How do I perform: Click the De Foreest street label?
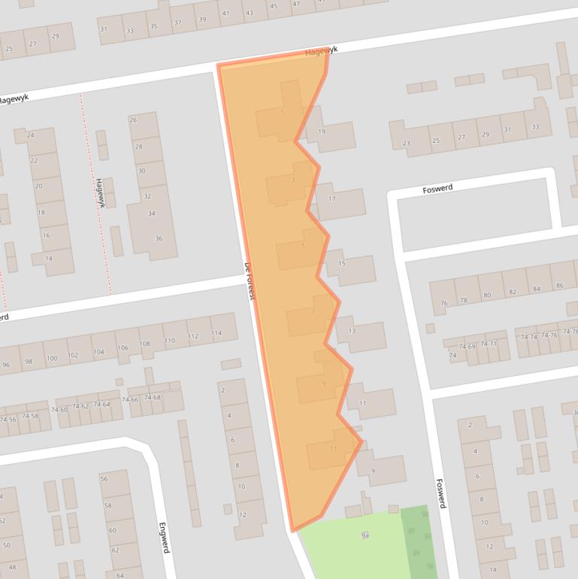click(250, 282)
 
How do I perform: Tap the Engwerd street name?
click(163, 538)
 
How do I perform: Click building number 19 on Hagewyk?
click(322, 132)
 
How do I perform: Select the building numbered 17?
click(331, 199)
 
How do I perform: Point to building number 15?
click(341, 264)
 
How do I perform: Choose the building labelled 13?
click(352, 331)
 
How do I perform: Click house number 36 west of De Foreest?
click(158, 238)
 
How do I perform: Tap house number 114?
click(216, 333)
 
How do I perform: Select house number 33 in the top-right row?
click(535, 126)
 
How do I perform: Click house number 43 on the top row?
click(249, 14)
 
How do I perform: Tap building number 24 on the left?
click(30, 135)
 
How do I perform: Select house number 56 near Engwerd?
click(104, 479)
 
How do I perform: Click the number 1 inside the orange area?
click(283, 113)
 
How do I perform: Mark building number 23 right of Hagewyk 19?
click(407, 143)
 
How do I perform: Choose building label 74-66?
click(131, 399)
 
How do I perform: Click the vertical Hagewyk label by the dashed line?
click(99, 193)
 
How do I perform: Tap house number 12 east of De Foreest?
click(242, 514)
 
